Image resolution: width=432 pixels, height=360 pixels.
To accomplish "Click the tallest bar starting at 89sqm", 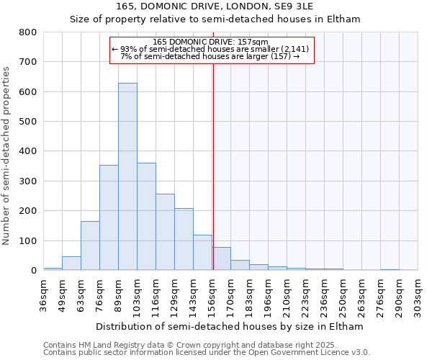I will point(127,176).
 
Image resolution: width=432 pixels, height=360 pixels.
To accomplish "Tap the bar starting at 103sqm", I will point(146,216).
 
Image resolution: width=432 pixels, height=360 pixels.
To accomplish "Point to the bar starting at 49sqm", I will point(71,264).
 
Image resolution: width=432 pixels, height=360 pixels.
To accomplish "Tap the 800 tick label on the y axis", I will point(28,32).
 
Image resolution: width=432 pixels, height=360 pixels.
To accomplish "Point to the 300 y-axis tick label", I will point(28,181).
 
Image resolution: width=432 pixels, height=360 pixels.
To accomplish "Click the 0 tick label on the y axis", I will point(33,270).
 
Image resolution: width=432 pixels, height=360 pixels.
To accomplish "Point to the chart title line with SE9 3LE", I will point(215,6).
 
